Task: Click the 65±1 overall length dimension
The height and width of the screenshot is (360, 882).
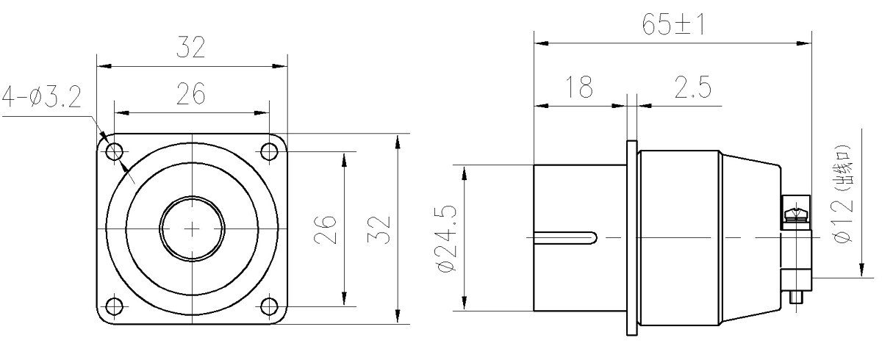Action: (673, 24)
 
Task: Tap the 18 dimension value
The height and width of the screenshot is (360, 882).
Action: (579, 87)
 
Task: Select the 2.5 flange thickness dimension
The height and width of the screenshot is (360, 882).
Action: (692, 87)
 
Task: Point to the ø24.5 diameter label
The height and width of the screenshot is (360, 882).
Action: (446, 239)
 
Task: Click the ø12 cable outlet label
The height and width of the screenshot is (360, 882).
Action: (842, 194)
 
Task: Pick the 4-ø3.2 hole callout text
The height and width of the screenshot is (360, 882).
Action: (42, 97)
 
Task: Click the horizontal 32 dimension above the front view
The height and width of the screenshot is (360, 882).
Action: (191, 47)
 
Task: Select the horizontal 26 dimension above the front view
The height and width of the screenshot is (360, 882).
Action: (191, 93)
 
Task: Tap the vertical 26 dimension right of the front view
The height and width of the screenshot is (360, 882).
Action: (325, 229)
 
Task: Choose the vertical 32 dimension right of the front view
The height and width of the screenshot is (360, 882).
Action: (379, 229)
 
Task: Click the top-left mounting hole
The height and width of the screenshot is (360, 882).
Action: (115, 151)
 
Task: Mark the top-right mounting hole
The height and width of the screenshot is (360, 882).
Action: (269, 151)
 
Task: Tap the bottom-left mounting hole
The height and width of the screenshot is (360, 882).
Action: (115, 306)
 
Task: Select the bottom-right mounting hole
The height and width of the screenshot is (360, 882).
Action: (269, 306)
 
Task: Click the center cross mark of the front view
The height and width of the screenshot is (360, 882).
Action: (192, 228)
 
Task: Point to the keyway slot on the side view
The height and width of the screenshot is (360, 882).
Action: (565, 238)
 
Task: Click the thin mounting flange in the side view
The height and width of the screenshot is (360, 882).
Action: (631, 238)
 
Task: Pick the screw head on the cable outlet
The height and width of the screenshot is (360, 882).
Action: (796, 214)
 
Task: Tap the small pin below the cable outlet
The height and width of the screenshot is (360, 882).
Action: (796, 297)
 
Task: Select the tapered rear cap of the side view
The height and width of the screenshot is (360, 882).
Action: (750, 238)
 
